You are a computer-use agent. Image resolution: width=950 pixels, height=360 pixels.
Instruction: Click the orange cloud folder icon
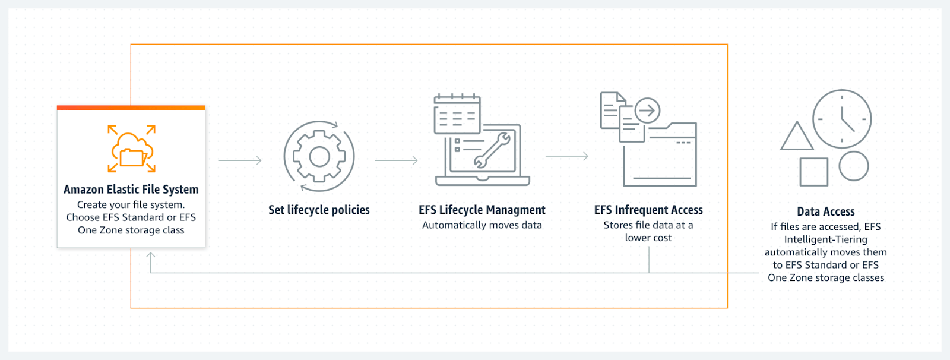132,149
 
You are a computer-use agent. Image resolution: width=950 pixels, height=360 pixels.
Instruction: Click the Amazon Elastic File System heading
131,190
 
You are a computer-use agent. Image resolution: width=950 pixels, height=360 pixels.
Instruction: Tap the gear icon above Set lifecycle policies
319,156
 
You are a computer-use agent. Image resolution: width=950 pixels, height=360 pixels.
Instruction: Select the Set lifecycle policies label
319,210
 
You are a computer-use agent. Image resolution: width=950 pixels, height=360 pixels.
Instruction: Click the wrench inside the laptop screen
492,150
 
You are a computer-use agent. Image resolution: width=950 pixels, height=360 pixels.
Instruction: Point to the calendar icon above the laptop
457,114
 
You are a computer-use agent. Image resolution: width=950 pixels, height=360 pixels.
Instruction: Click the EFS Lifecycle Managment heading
482,210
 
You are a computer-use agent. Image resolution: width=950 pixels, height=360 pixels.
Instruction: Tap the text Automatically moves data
482,225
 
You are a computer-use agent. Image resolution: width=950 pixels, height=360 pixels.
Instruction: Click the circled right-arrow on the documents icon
647,110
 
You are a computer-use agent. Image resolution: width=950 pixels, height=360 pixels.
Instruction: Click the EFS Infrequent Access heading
648,210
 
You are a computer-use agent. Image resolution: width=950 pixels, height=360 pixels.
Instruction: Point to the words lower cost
648,238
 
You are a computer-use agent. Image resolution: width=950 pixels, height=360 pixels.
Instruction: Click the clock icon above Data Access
842,119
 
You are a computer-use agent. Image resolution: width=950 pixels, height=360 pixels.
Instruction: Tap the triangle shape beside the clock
797,137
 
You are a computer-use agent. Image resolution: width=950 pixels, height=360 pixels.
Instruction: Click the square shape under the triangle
813,172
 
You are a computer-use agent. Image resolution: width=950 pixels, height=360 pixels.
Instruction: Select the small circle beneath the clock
854,166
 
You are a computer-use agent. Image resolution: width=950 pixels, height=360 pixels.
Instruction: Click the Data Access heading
825,211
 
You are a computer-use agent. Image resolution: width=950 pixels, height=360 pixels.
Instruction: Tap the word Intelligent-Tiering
825,239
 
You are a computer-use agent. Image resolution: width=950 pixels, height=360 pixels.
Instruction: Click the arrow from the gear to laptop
397,160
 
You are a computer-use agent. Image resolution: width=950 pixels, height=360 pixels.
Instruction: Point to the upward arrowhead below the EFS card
151,255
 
